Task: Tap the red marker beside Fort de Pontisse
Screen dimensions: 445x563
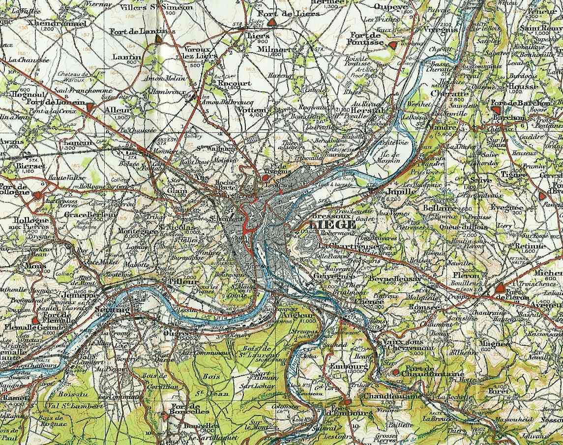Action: click(392, 45)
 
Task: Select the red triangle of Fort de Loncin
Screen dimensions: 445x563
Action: click(89, 106)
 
